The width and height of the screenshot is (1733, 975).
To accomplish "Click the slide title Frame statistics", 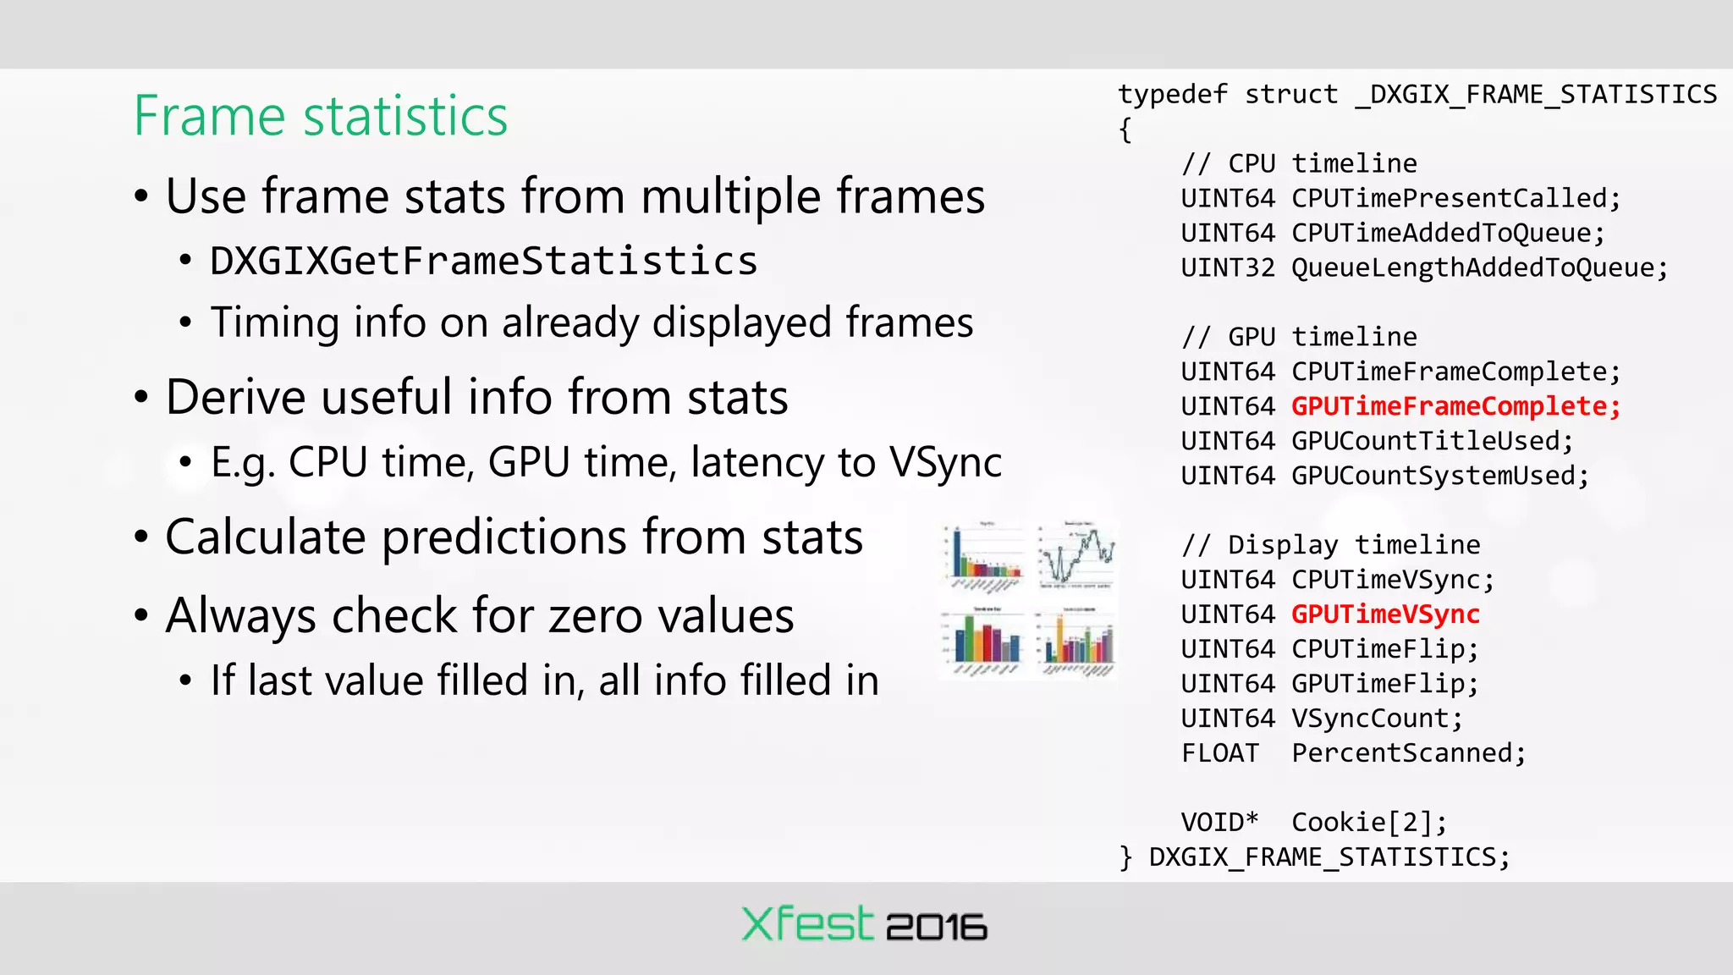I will click(321, 116).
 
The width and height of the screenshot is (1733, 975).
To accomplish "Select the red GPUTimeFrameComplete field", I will click(1455, 406).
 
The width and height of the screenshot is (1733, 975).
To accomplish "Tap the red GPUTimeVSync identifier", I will click(1385, 614).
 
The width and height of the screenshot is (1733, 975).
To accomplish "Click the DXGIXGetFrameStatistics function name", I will click(483, 261).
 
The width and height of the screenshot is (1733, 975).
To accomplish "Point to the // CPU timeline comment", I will click(1299, 163).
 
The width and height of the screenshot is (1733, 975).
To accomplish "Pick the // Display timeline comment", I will click(1330, 545).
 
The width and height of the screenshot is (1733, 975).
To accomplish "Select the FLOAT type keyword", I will click(1219, 753).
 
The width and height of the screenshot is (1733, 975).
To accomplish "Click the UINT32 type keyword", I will click(1227, 267).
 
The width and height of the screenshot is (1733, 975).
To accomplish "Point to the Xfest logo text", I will click(806, 924).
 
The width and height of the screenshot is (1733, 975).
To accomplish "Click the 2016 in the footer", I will click(936, 928).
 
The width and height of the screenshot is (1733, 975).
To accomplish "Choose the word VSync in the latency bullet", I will click(945, 462).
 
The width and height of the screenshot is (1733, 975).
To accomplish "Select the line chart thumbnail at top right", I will click(1077, 555).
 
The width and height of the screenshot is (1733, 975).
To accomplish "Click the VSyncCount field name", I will click(1376, 719).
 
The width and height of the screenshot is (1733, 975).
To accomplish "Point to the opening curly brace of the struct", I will click(1125, 129).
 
